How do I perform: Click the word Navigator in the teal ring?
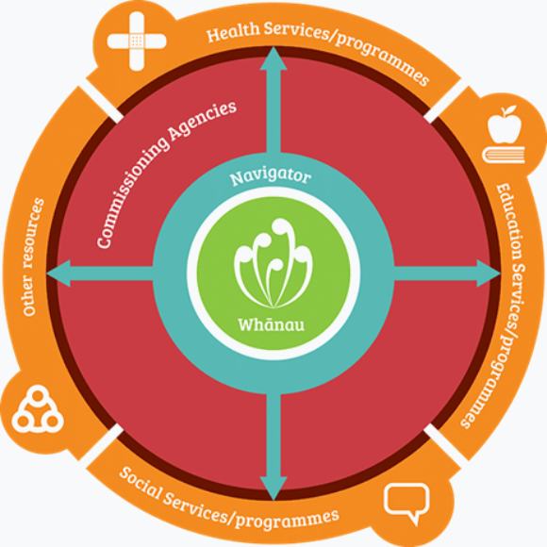click(271, 177)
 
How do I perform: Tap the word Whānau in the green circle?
click(271, 324)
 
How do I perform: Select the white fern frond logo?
click(273, 263)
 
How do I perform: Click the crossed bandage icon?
click(137, 41)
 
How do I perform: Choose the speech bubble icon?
click(406, 504)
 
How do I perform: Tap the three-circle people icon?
click(38, 409)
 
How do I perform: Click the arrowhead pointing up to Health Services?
click(273, 58)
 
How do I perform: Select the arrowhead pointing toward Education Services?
click(489, 273)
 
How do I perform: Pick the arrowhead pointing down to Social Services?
click(273, 489)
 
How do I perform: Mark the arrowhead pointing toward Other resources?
click(58, 273)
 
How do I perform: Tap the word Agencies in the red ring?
click(203, 120)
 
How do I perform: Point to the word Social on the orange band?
click(141, 483)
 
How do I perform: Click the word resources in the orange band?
click(34, 233)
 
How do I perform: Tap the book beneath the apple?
click(504, 155)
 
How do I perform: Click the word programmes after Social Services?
click(287, 520)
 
